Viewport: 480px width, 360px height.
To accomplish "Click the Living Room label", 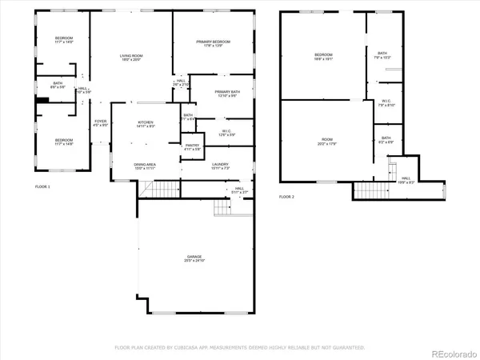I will (131, 58).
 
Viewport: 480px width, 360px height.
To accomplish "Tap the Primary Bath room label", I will (227, 94).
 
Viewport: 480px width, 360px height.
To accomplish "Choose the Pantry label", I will (193, 147).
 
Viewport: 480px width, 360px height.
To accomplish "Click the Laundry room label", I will (220, 166).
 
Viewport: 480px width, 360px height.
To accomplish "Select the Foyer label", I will (100, 124).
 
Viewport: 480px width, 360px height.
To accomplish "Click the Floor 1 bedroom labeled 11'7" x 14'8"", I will (64, 142).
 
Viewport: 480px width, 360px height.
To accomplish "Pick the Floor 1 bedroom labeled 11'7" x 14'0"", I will (64, 40).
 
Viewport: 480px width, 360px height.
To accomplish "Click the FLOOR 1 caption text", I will (42, 186).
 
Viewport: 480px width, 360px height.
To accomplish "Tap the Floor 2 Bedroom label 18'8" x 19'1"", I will (323, 56).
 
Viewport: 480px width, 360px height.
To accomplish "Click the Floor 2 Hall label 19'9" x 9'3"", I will (406, 180).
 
